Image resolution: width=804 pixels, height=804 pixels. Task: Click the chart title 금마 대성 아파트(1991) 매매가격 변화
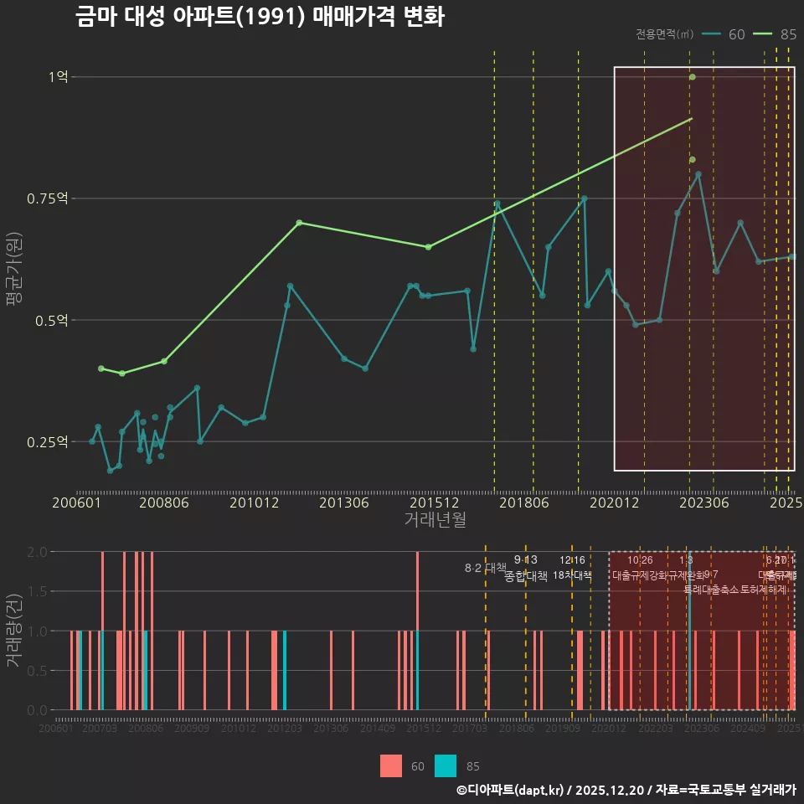pyautogui.click(x=259, y=17)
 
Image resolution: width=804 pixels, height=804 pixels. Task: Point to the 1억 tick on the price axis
pyautogui.click(x=58, y=77)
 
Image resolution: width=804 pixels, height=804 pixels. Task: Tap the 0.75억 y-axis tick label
pyautogui.click(x=48, y=198)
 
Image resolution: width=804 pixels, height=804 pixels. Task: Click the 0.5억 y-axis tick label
pyautogui.click(x=51, y=320)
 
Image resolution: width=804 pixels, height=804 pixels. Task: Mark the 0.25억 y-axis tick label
pyautogui.click(x=48, y=441)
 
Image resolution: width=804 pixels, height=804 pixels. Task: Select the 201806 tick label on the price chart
pyautogui.click(x=533, y=502)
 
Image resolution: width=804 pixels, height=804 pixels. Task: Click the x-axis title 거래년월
pyautogui.click(x=435, y=520)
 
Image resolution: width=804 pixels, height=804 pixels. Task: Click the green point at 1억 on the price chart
pyautogui.click(x=693, y=77)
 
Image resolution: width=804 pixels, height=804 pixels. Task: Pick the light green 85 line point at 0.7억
pyautogui.click(x=300, y=223)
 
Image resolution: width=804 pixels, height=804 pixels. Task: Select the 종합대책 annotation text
pyautogui.click(x=526, y=576)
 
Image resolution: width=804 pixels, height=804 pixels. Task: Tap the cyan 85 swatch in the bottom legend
pyautogui.click(x=446, y=765)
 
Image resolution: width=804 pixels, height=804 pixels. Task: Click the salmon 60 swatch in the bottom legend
pyautogui.click(x=391, y=765)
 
